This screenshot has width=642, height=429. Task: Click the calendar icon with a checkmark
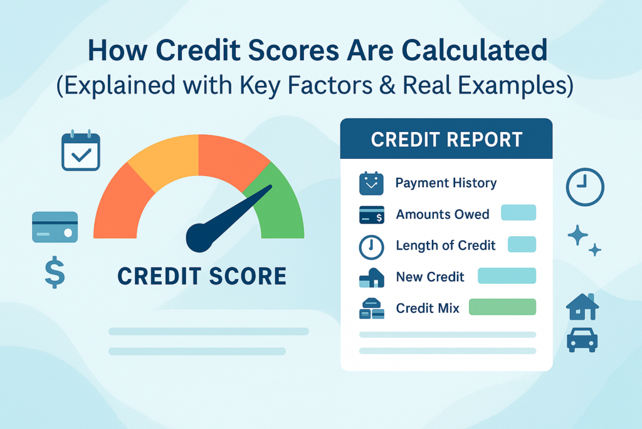tap(81, 151)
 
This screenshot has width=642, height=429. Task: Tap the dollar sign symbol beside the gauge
tap(55, 272)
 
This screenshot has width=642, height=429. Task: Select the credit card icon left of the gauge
tap(55, 227)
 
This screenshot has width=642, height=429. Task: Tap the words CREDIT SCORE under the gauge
tap(202, 276)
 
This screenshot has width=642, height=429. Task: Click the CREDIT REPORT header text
tap(446, 139)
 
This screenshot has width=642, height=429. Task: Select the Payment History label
tap(446, 183)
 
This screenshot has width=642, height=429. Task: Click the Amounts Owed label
tap(442, 214)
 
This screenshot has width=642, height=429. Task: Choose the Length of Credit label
tap(446, 246)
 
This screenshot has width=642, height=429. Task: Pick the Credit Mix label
tap(428, 308)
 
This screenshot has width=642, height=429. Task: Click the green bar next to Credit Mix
tap(502, 307)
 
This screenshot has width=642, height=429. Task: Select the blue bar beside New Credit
tap(507, 276)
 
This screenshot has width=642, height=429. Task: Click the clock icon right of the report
tap(584, 187)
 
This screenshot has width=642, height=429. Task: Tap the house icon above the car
tap(582, 307)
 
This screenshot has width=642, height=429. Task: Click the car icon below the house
tap(582, 339)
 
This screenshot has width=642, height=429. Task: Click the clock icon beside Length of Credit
tap(371, 247)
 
